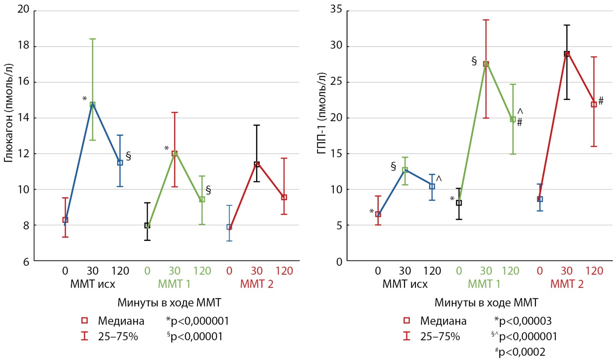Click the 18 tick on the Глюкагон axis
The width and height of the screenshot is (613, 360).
tap(23, 46)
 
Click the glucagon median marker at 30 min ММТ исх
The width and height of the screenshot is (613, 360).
tap(92, 105)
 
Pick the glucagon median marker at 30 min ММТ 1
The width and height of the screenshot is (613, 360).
tap(175, 153)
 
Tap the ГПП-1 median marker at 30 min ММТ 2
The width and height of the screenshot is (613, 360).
tap(567, 54)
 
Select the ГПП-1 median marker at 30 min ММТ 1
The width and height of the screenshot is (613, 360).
tap(486, 64)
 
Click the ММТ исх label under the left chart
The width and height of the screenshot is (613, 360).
tap(92, 284)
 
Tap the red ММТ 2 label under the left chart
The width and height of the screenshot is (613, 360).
tap(257, 284)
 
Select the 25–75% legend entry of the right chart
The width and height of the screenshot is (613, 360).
tap(440, 336)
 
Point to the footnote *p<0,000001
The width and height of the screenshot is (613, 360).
tap(197, 321)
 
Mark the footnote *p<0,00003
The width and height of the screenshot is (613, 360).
tap(521, 321)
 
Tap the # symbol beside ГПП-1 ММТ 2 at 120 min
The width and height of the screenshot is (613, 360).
tap(601, 101)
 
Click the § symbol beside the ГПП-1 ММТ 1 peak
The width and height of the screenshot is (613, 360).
tap(474, 61)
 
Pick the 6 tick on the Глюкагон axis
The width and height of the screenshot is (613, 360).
tap(26, 261)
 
